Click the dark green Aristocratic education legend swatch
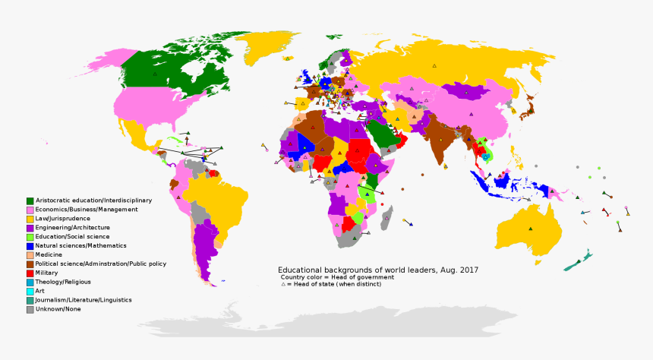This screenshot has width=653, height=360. coord(30,201)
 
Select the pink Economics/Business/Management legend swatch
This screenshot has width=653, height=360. coord(30,210)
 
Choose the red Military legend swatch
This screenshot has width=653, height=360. coord(30,273)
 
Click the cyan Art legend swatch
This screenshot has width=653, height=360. coord(30,291)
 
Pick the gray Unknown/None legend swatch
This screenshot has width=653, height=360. coord(30,309)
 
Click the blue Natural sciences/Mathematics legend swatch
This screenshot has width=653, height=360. coord(30,246)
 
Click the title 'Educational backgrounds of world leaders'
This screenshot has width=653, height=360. coord(377,270)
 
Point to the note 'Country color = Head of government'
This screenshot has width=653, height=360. coord(337,277)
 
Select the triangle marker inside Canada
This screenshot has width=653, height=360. coord(154,74)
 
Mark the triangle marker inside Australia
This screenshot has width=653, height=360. coord(531,228)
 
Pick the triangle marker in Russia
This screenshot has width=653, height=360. coord(435,66)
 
